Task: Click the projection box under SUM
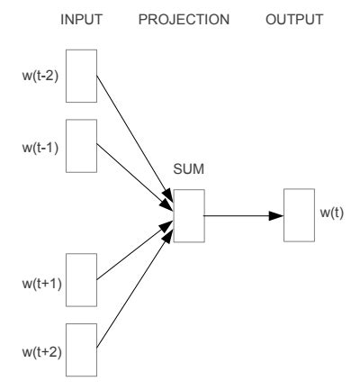188,215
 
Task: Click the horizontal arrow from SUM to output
241,215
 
